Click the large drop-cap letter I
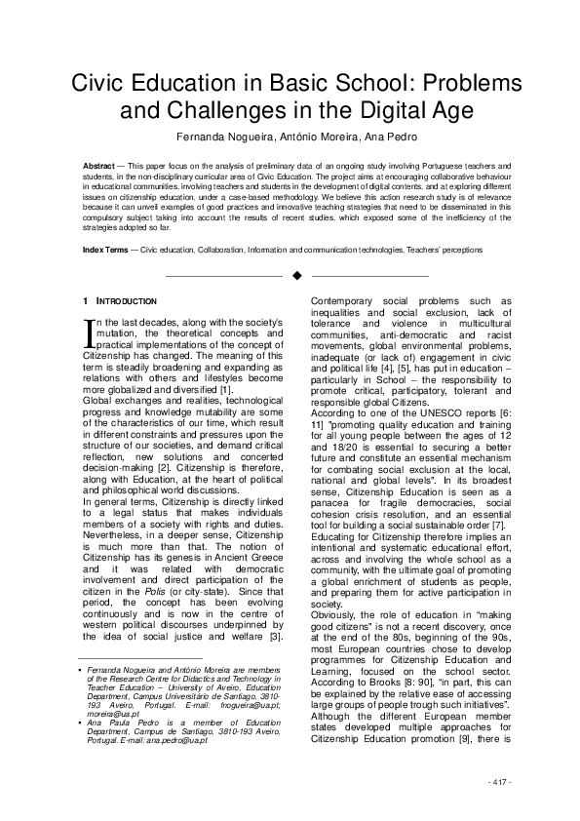pyautogui.click(x=91, y=334)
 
